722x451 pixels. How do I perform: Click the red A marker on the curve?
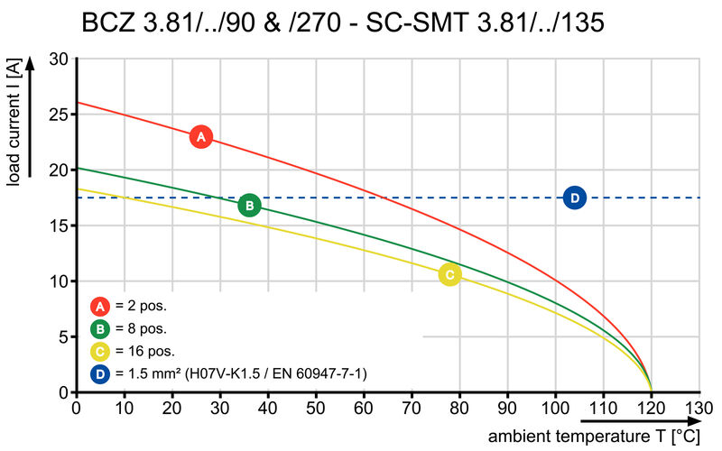[x=201, y=137]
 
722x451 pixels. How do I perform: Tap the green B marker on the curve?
[x=250, y=205]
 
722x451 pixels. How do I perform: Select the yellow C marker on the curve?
[x=449, y=274]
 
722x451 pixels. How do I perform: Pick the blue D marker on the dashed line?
[x=575, y=198]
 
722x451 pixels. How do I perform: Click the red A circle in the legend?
[x=101, y=305]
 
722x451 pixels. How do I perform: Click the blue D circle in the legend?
[x=101, y=373]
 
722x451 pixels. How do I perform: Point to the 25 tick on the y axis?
[x=58, y=115]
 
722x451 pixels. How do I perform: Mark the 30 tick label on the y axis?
[x=58, y=60]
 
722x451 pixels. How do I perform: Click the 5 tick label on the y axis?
[x=62, y=337]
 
